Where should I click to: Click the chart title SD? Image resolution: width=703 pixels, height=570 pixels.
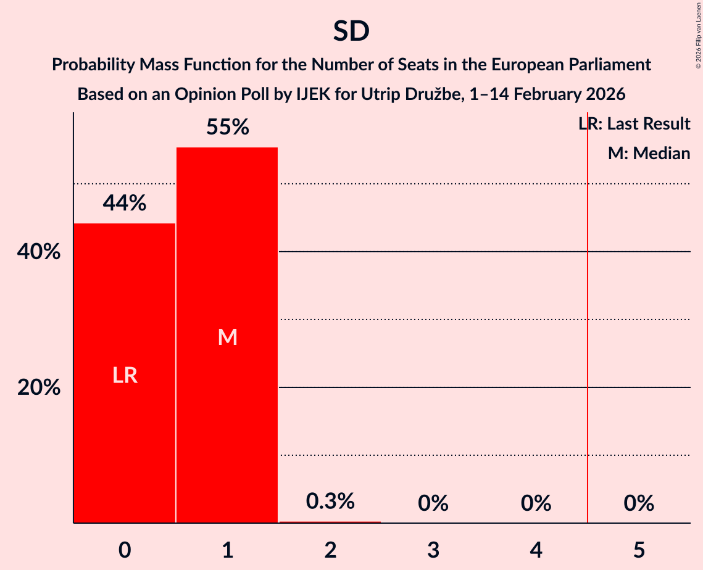point(351,31)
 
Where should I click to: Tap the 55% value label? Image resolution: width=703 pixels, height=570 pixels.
point(227,128)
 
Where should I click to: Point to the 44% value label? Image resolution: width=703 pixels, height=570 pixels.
point(125,203)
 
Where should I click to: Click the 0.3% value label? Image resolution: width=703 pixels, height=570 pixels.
point(330,502)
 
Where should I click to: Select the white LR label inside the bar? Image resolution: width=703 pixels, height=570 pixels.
point(125,376)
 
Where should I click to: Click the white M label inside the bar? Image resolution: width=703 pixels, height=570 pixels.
point(227,337)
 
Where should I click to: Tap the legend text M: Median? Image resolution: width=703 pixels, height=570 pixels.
point(649,154)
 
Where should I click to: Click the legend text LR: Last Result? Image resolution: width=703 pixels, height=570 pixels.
point(634,124)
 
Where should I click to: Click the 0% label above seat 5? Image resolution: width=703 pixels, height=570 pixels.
point(639,504)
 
